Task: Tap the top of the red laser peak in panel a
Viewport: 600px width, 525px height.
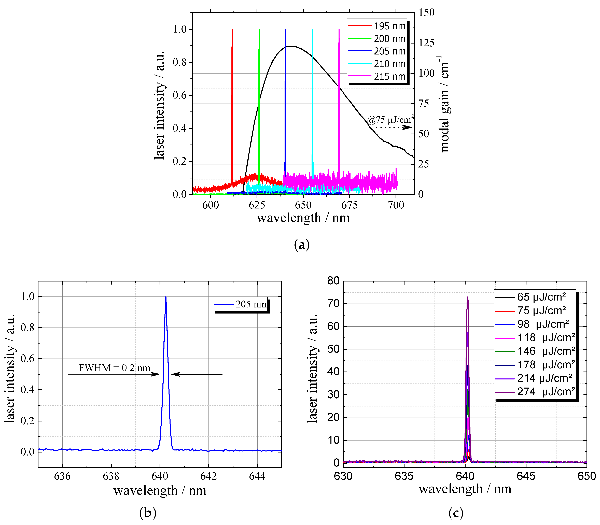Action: pyautogui.click(x=232, y=30)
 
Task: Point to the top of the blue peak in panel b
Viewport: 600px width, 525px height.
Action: pyautogui.click(x=166, y=297)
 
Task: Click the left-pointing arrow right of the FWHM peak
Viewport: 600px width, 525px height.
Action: pyautogui.click(x=196, y=374)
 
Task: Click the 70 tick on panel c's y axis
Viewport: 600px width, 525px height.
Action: pyautogui.click(x=333, y=304)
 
